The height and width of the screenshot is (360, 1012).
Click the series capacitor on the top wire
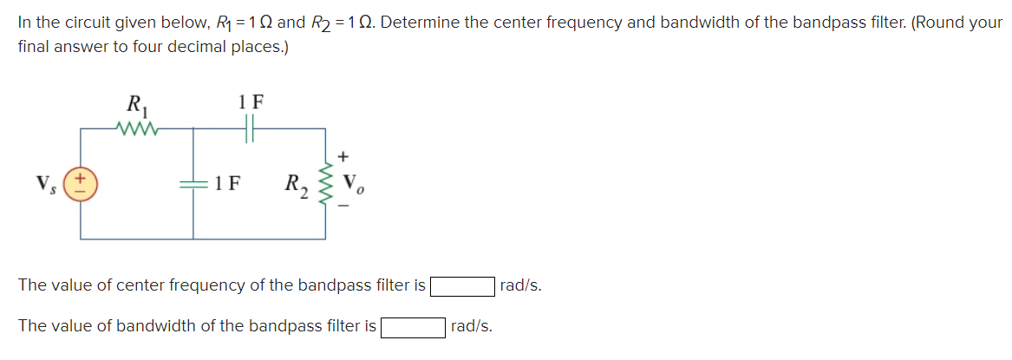251,130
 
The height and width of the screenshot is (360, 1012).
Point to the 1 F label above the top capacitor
251,102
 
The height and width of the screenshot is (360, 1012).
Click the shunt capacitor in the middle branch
193,184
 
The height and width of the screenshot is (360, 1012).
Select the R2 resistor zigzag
327,184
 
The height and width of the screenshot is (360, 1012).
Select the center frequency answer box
463,285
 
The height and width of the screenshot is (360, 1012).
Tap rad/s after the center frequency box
520,285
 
